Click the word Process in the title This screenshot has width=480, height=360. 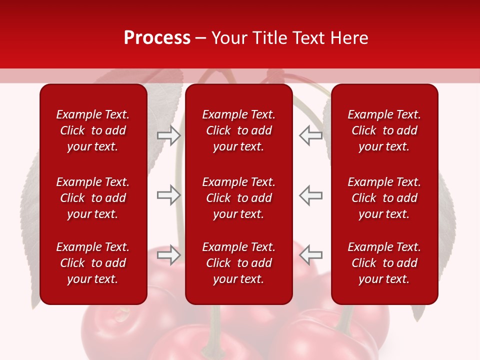tap(157, 38)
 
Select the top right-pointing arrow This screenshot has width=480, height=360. tap(168, 135)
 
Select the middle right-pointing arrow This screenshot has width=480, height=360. tap(168, 195)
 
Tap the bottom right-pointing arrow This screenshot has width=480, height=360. tap(168, 254)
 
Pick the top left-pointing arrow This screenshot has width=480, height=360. tap(310, 135)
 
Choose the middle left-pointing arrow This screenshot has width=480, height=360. tap(310, 195)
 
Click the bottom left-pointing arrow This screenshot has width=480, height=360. tap(310, 254)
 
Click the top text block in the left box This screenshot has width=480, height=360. tap(93, 130)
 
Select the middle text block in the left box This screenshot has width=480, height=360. tap(93, 198)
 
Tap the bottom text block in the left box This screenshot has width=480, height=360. tap(93, 263)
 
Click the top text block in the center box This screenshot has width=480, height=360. tap(238, 130)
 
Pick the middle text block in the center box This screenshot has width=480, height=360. tap(238, 198)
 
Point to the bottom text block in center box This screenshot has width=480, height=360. tap(238, 263)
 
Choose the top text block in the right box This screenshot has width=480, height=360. tap(384, 130)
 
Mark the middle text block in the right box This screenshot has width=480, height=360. tap(384, 198)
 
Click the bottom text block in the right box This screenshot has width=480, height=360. tap(384, 263)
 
